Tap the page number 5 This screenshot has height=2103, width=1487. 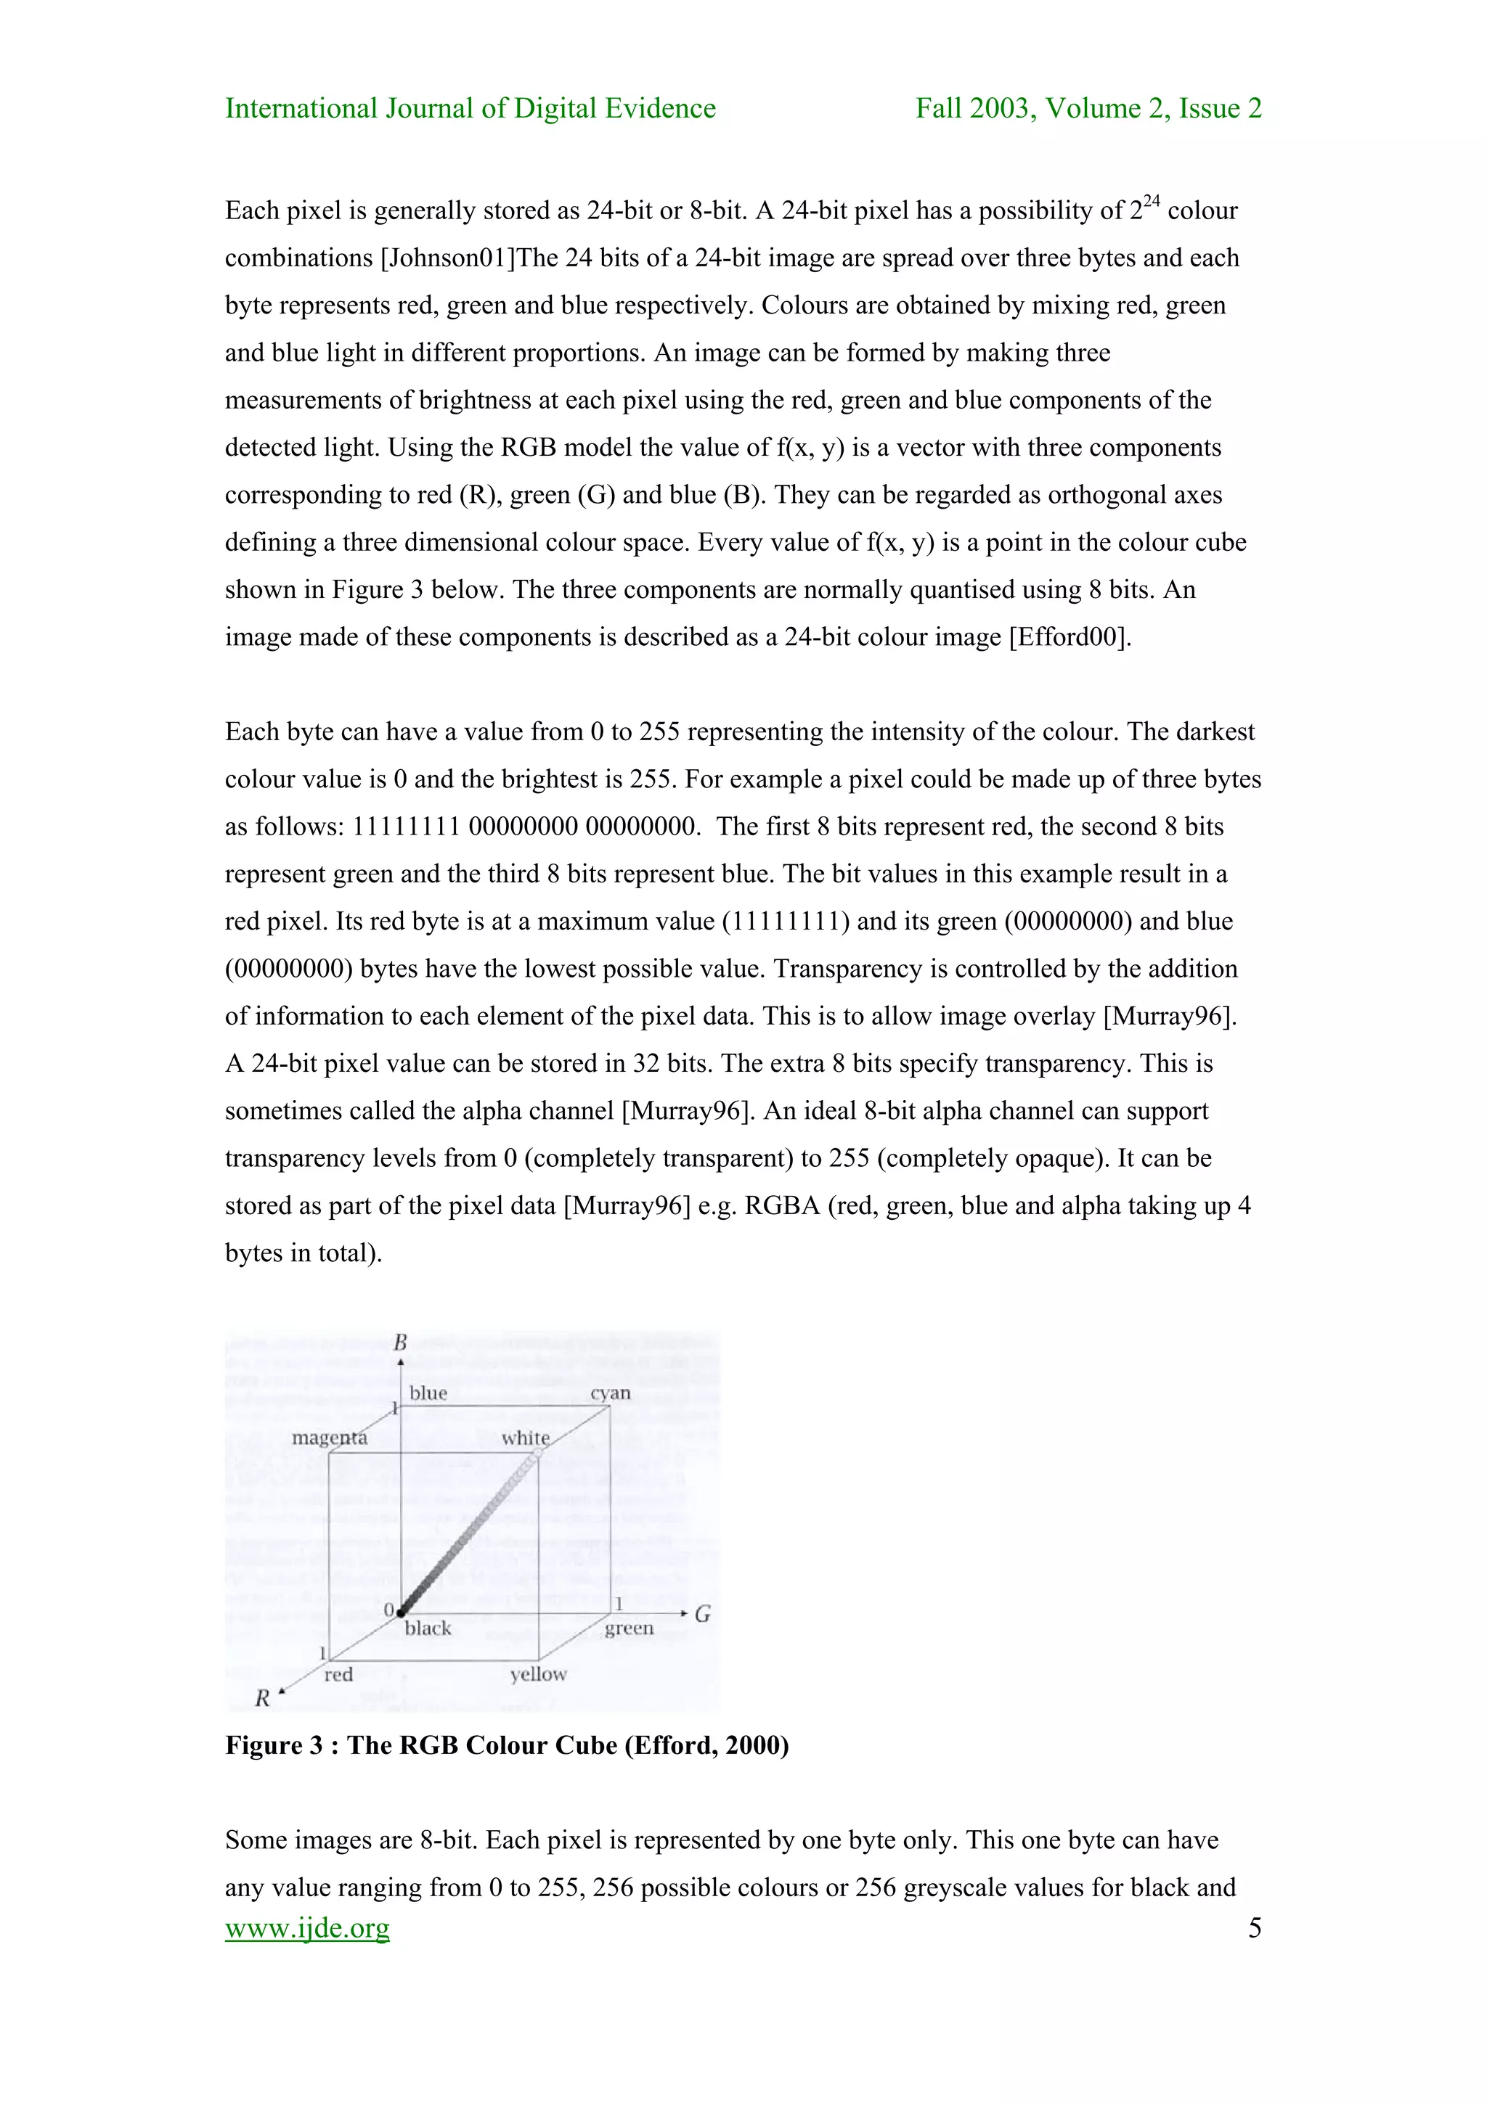tap(1254, 1928)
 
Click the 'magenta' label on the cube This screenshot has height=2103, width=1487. tap(329, 1438)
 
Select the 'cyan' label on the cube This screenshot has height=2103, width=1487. tap(610, 1393)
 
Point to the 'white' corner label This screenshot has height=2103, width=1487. tap(525, 1438)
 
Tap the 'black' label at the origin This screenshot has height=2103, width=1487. tap(428, 1628)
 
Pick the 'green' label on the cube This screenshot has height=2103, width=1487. tap(629, 1628)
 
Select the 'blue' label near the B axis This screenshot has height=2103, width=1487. tap(428, 1393)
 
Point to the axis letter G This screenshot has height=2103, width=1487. tap(703, 1614)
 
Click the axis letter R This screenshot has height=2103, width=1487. tap(262, 1698)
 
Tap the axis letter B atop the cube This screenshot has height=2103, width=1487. tap(400, 1342)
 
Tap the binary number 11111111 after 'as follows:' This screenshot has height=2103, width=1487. tap(406, 826)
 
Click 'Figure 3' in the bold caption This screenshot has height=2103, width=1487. tap(274, 1746)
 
